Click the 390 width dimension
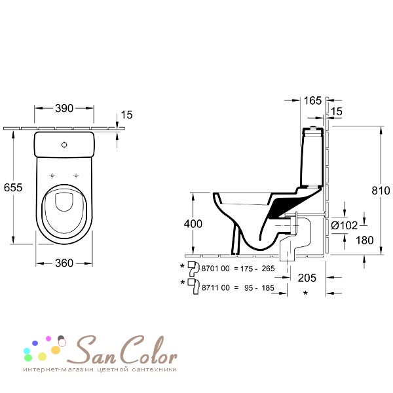[x=64, y=108]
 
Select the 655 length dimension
[x=12, y=187]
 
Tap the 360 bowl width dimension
[x=64, y=263]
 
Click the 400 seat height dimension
[x=193, y=223]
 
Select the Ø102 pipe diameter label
[x=345, y=225]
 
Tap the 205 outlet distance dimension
[x=305, y=278]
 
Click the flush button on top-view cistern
[x=64, y=145]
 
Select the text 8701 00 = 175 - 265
[x=237, y=269]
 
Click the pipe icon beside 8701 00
[x=193, y=268]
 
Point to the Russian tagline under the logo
[x=100, y=370]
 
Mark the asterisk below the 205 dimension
[x=305, y=294]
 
